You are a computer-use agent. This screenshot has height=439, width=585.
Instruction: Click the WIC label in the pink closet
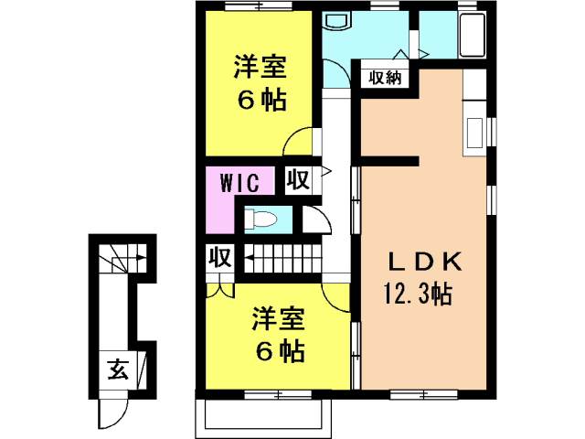tap(239, 183)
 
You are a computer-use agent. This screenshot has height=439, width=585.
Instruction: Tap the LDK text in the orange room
tap(425, 262)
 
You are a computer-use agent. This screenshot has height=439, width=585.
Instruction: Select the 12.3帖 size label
tap(419, 294)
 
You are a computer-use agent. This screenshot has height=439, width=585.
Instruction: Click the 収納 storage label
tap(385, 78)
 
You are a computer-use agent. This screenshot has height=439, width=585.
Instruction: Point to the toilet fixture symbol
tap(261, 219)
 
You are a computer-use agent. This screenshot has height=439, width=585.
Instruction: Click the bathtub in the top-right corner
tap(473, 35)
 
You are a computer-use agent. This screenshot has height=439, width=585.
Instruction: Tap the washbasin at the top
tap(337, 20)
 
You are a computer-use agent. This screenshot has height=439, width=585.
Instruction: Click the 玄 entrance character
tap(118, 369)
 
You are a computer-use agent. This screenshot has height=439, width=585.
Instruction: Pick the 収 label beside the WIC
tap(299, 179)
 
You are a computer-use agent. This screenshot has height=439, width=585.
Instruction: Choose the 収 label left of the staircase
tap(220, 257)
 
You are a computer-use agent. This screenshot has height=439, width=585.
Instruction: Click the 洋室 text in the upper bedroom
tap(260, 67)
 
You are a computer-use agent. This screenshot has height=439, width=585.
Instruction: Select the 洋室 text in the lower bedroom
tap(278, 319)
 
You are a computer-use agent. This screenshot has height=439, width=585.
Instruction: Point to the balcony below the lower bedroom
tap(264, 413)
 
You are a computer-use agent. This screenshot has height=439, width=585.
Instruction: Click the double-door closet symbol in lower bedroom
tap(220, 290)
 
